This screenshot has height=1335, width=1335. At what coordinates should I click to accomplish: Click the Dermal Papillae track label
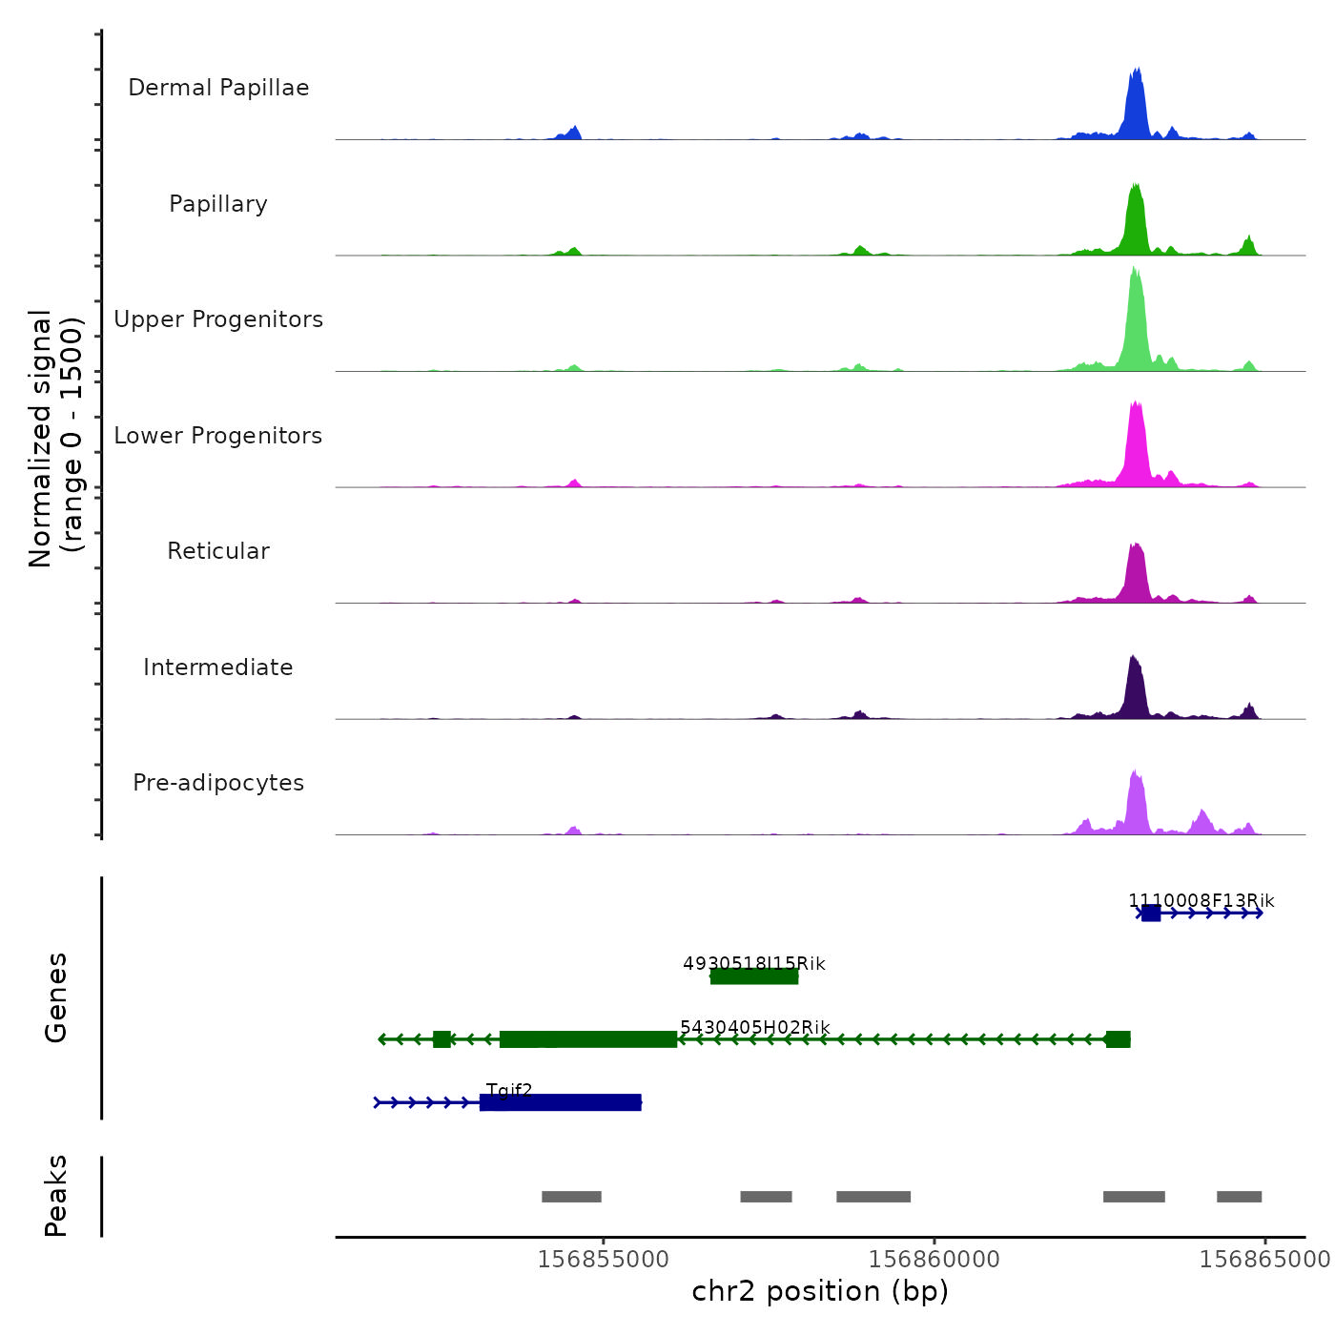pos(218,88)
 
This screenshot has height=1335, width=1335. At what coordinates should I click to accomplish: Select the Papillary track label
pos(218,204)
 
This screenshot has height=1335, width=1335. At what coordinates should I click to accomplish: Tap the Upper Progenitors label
pos(218,319)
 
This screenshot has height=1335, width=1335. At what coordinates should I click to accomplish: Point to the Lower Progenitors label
pos(218,436)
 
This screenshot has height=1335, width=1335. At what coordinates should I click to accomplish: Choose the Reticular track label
pos(218,551)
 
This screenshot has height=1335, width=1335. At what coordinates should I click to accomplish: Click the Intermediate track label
pos(218,667)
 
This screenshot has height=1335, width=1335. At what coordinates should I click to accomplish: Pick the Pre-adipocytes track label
pos(218,783)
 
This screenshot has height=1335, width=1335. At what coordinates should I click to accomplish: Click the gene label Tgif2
pos(509,1090)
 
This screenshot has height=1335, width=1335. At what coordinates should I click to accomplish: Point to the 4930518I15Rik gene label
pos(754,963)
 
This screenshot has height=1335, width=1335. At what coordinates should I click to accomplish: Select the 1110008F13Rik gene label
pos(1201,900)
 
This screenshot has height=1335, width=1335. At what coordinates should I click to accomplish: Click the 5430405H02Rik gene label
pos(754,1027)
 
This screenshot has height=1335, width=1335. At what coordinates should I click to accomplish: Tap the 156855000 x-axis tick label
pos(604,1259)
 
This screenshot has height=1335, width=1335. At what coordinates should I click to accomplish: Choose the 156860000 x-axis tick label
pos(934,1259)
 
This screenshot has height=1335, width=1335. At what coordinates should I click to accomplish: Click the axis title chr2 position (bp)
pos(820,1291)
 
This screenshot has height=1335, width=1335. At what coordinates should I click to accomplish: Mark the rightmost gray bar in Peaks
pos(1239,1197)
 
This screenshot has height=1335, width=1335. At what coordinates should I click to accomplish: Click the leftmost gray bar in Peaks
pos(571,1197)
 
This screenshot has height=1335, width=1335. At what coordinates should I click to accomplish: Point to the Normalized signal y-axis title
pos(55,438)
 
